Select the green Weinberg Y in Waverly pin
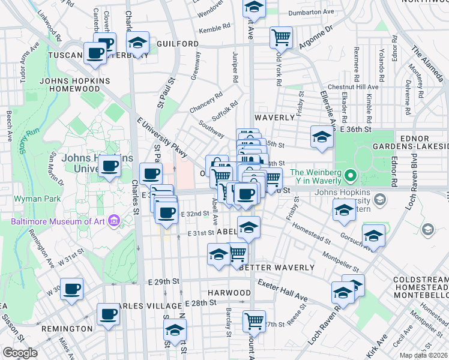353,176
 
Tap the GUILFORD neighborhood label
178,44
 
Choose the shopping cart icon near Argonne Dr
280,37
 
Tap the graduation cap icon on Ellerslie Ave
322,137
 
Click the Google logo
20,352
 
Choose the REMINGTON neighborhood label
67,329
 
